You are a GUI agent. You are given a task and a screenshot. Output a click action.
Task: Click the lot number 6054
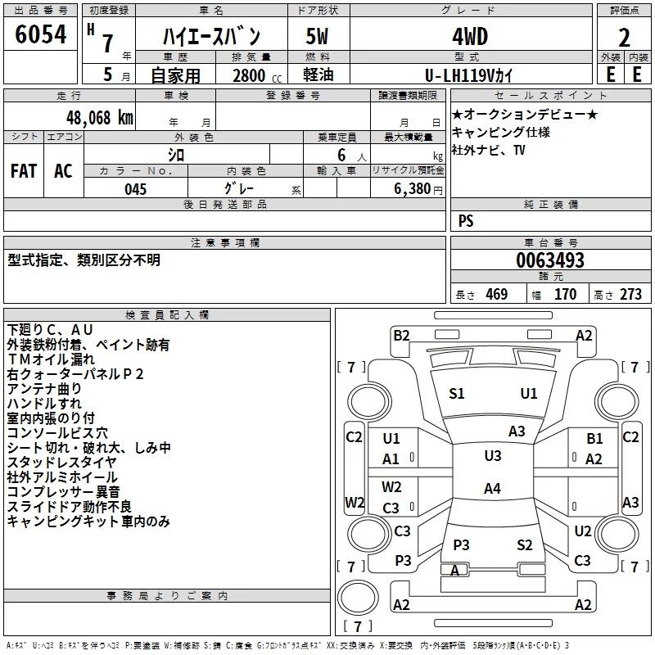tap(40, 34)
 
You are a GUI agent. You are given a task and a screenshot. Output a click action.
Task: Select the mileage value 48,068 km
tap(100, 118)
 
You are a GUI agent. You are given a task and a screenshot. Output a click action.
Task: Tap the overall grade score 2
tap(624, 38)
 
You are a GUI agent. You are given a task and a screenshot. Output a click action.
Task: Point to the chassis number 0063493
tap(550, 260)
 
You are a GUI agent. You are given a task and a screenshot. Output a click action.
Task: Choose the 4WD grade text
tap(470, 37)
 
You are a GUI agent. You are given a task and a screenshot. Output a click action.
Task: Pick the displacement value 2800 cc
tap(257, 76)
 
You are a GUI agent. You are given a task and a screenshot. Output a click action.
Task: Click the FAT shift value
tap(24, 171)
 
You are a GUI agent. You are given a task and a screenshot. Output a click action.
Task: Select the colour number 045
tap(136, 189)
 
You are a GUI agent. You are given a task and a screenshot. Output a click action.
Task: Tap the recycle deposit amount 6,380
tap(412, 189)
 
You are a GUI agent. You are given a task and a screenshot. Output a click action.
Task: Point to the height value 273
tap(630, 294)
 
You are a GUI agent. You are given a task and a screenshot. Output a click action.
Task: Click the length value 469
tap(497, 294)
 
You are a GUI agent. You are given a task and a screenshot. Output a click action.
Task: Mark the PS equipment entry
tap(466, 220)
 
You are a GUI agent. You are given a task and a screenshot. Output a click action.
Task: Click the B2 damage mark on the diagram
tap(401, 336)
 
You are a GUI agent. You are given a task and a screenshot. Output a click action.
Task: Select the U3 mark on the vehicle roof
tap(493, 456)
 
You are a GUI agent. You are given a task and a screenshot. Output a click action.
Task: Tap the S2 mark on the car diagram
tap(525, 544)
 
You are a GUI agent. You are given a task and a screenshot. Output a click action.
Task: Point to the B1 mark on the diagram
tap(595, 439)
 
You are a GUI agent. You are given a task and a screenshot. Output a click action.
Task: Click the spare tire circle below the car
tap(358, 598)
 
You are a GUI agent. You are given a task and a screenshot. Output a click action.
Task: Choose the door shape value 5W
tap(317, 37)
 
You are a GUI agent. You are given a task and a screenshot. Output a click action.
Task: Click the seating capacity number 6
tap(341, 156)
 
